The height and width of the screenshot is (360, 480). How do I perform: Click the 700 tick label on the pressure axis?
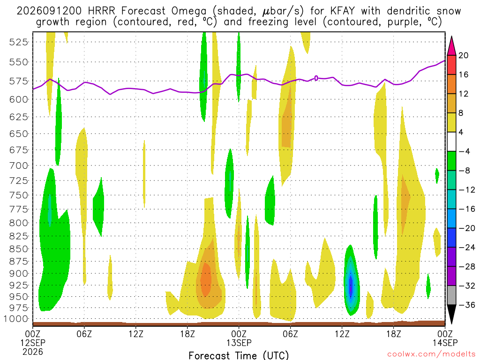pos(19,166)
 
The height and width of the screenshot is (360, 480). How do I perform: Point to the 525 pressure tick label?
pos(19,42)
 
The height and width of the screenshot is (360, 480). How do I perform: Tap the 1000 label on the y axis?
pos(16,319)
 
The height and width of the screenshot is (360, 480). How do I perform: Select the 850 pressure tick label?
pos(19,249)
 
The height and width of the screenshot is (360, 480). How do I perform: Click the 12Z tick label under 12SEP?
pos(136,334)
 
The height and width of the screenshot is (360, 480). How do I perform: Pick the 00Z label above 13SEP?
pos(239,334)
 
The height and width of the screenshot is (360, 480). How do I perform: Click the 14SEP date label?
pos(445,343)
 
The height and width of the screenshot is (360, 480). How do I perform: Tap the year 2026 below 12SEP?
pos(33,352)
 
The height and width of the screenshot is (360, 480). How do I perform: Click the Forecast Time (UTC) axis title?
pos(239,355)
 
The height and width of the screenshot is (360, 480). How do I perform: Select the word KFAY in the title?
pos(343,11)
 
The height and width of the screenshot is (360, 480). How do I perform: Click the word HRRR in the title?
pos(101,11)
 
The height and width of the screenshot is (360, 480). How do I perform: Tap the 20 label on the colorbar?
pos(463,55)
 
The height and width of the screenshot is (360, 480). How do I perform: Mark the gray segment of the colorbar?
pos(451,295)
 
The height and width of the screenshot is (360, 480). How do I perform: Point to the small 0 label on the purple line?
pos(316,78)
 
